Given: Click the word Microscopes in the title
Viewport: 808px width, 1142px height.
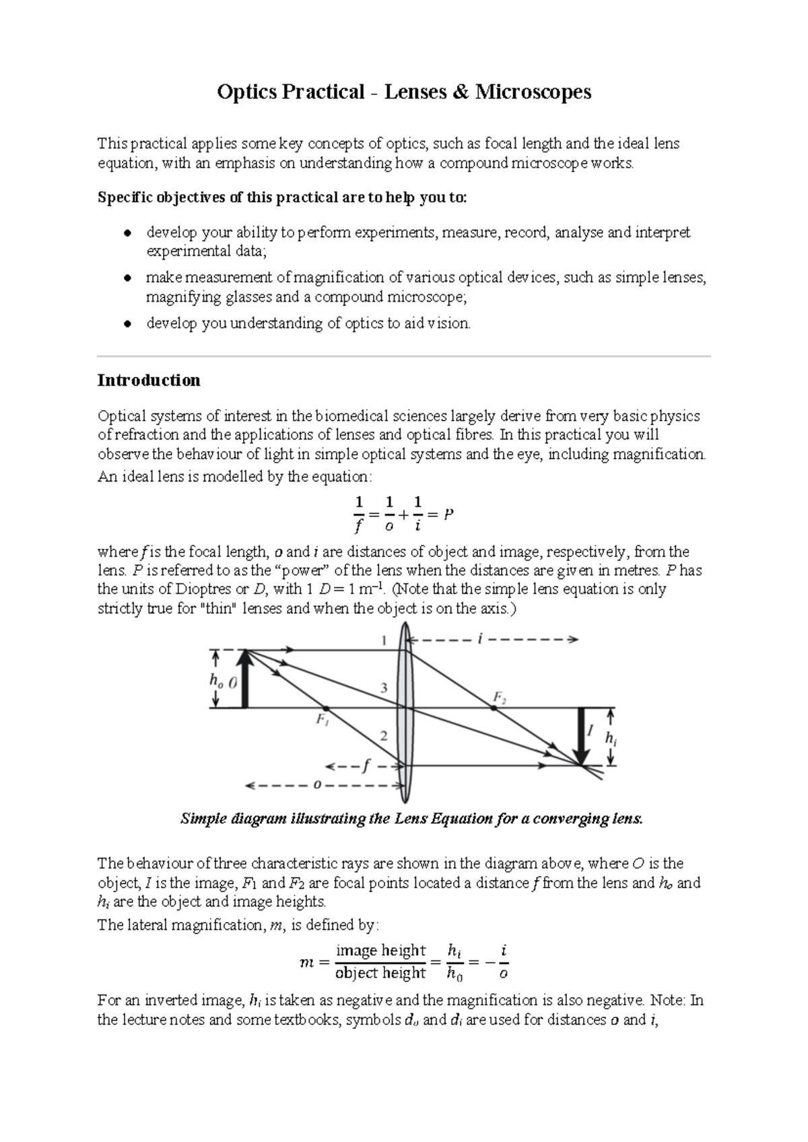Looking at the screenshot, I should pos(533,92).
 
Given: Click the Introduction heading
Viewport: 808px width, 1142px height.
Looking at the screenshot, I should pos(149,380).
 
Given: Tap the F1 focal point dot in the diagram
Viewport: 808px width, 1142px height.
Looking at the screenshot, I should pos(326,708).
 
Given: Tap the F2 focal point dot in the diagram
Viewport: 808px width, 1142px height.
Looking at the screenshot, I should pos(493,708).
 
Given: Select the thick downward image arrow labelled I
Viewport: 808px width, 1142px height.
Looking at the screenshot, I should pos(580,735).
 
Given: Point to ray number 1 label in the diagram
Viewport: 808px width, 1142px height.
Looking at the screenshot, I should pos(384,640).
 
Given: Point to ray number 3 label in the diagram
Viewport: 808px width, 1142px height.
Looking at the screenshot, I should pos(384,687).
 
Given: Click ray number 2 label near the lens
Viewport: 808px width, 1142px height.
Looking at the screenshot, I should pos(383,736).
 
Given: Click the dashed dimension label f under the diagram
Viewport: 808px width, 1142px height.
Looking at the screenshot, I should pos(366,766).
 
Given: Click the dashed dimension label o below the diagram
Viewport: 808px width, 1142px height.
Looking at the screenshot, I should pos(316,785).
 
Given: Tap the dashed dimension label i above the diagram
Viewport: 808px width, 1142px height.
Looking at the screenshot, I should pos(479,640).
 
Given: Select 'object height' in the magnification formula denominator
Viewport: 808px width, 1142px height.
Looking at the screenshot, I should pos(380,973).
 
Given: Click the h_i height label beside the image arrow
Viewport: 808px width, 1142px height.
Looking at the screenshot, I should pos(610,738).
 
